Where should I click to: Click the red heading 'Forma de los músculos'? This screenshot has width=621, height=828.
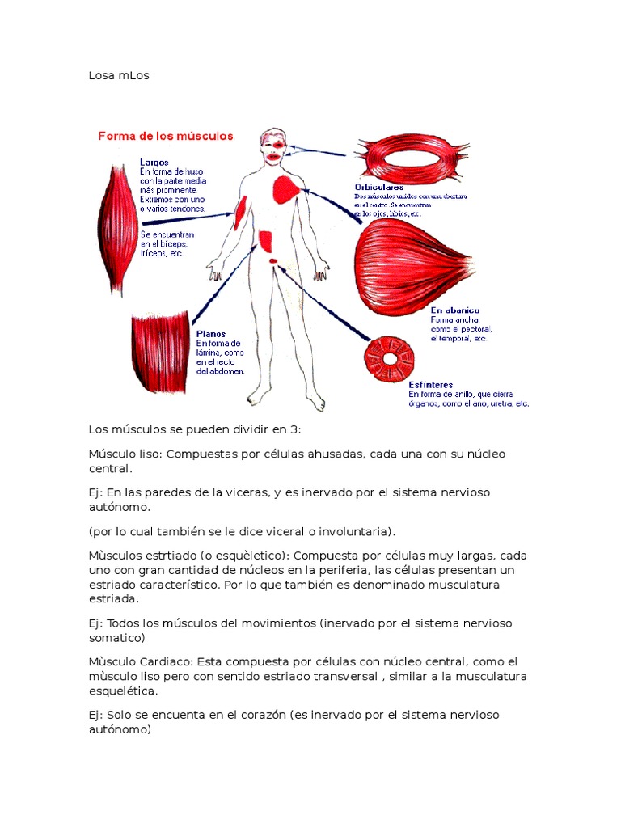166,136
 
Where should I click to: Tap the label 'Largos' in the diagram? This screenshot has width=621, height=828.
154,163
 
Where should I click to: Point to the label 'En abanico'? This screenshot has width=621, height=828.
454,310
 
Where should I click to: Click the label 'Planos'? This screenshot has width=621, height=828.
211,333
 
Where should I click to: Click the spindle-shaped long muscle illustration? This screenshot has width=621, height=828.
117,226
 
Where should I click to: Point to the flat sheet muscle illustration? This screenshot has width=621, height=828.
159,352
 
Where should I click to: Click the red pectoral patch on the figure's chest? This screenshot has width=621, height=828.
287,189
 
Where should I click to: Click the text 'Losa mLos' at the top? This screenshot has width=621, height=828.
120,76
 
